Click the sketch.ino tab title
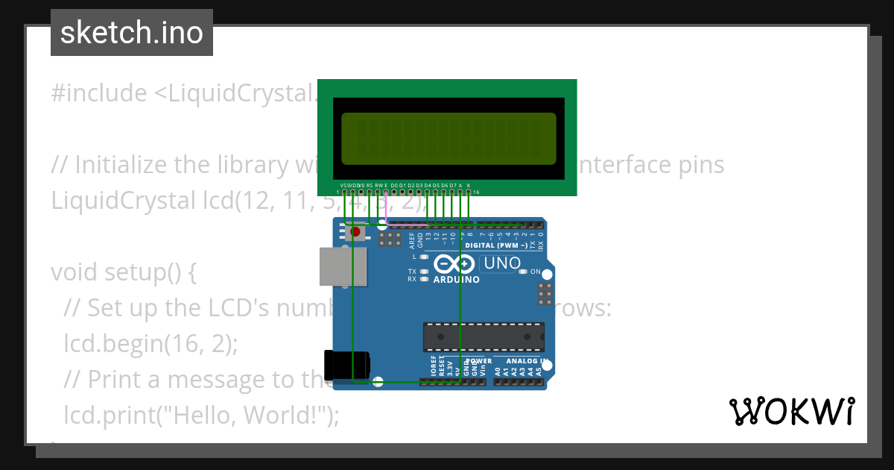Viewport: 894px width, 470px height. [x=132, y=33]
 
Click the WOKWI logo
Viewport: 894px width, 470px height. [x=792, y=411]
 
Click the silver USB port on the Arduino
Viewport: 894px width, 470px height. [x=343, y=266]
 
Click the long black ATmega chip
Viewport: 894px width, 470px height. [x=484, y=336]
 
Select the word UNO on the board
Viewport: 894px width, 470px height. [x=502, y=263]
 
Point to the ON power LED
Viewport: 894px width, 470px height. [x=523, y=272]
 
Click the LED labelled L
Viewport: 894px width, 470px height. [x=424, y=256]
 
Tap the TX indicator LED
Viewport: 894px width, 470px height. [x=424, y=272]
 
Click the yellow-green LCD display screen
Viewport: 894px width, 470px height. [x=448, y=139]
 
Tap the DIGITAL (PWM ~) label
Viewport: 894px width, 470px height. [x=496, y=245]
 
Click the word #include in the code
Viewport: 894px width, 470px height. [x=99, y=93]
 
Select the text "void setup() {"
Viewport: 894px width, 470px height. [x=124, y=272]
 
